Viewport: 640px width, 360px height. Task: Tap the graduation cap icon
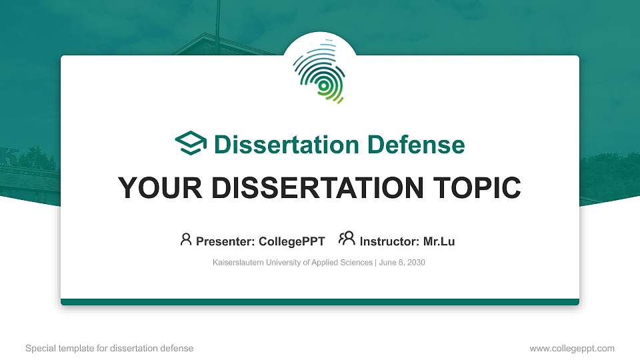click(x=191, y=144)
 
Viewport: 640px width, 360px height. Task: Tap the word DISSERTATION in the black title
click(x=313, y=188)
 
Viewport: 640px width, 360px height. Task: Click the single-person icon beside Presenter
click(x=186, y=239)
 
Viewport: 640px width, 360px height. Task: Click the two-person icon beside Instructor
click(x=347, y=239)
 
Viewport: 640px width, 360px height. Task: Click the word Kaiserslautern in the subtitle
click(x=237, y=263)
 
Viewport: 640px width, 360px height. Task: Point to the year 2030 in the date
click(x=414, y=263)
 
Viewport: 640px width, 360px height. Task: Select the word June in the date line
click(x=387, y=263)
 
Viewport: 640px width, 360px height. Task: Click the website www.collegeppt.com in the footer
click(x=572, y=348)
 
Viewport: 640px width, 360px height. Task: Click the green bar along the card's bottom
click(x=320, y=302)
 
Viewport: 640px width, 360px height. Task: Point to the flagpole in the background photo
click(x=217, y=17)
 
